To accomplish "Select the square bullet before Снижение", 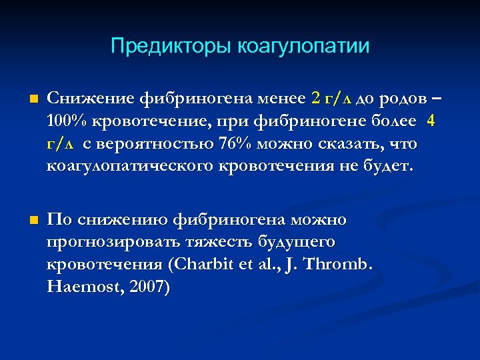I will click(26, 100).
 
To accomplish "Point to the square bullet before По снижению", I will click(26, 220).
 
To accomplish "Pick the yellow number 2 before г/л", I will click(315, 99).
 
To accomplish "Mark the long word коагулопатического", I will click(130, 165).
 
